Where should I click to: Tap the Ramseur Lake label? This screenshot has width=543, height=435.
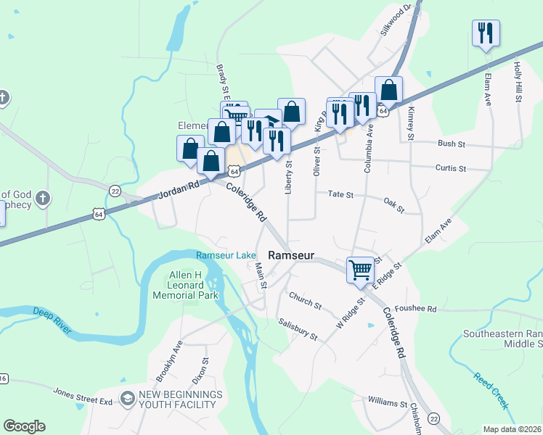click(225, 255)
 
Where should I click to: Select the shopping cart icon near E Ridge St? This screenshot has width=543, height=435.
click(361, 270)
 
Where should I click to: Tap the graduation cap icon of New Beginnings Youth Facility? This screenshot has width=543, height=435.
click(128, 399)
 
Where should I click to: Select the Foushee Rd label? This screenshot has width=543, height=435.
click(431, 309)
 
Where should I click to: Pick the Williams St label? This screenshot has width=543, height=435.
click(388, 402)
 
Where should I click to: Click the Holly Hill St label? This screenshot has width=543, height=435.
click(518, 81)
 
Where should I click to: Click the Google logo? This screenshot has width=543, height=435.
click(24, 426)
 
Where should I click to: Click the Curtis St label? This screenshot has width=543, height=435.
click(450, 168)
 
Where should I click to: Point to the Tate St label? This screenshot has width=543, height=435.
click(340, 194)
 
